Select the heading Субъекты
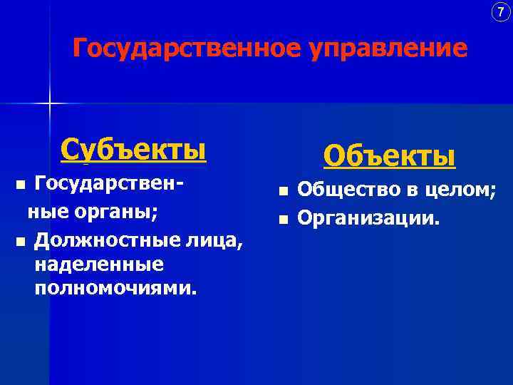(x=133, y=150)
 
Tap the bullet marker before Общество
(x=284, y=191)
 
